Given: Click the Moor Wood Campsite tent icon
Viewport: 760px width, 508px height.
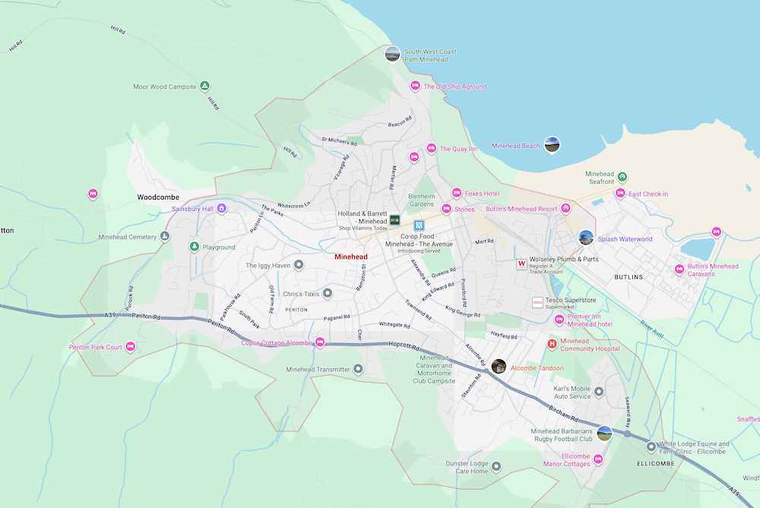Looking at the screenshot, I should pos(204,87).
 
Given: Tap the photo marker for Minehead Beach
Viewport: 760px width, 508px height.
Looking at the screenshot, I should pos(553,144).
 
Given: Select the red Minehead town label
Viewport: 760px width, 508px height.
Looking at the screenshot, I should pos(351,257).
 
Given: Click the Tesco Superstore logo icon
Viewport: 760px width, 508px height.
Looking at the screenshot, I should pos(537,302).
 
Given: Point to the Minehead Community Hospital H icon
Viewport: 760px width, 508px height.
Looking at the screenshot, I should pos(552,344).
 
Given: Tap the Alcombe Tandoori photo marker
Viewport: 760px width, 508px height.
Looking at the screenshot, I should pos(499,366).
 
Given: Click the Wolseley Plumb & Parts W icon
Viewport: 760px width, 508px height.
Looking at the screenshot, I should pos(521,264).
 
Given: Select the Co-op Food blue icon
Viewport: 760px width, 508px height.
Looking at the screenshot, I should pos(418,226).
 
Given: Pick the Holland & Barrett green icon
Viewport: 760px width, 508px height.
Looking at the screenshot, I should pos(394,219).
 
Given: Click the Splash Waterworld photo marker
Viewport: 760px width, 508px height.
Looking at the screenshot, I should pos(585,238).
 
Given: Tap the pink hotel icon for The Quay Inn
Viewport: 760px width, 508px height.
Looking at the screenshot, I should pos(431,148).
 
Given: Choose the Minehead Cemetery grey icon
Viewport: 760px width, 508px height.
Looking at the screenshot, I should pos(165,237).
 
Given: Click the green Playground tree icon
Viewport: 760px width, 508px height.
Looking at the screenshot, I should pos(195,247).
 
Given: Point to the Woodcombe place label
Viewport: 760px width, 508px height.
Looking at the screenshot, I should pos(157,197).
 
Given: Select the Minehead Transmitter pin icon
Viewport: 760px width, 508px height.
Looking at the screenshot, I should pos(359,369).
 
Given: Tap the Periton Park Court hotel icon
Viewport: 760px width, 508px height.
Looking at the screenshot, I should pos(130,347).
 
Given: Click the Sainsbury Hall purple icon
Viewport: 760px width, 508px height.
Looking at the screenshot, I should pos(221,207).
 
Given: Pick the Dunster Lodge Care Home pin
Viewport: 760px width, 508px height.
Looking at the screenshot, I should pos(496,466).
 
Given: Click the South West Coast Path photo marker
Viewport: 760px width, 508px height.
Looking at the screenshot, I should pos(392,53).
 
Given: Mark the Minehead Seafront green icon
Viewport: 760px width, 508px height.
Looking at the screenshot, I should pos(622,177).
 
